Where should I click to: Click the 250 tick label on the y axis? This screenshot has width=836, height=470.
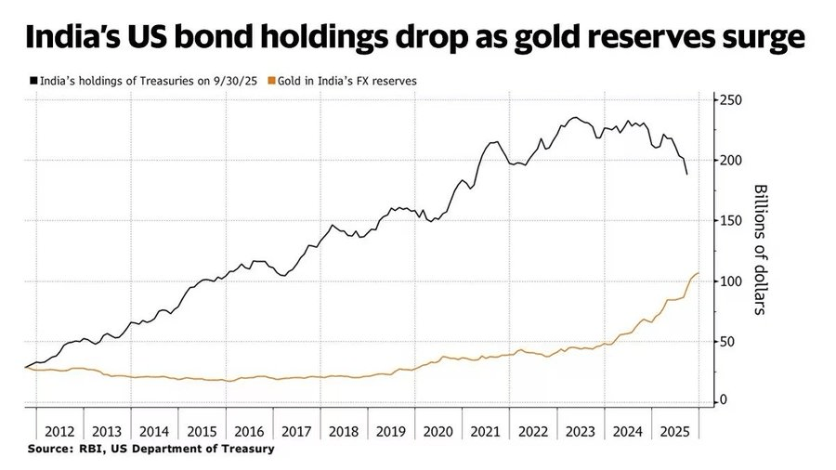coord(732,99)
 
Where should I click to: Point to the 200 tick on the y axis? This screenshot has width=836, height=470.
coord(732,160)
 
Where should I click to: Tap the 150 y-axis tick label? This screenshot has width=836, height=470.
coord(732,220)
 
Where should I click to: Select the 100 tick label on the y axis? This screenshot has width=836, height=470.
coord(732,281)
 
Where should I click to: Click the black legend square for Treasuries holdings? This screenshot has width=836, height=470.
coord(33,81)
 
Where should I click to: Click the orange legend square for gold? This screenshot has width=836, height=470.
coord(270,81)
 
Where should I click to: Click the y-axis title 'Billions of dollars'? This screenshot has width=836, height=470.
coord(759,249)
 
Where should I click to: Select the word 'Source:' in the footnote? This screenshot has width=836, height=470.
coord(51,448)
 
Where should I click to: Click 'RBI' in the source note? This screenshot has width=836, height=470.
coord(95,448)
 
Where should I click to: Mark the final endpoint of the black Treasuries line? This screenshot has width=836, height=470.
coord(687,174)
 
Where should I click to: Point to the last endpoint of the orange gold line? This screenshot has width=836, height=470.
coord(699,273)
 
